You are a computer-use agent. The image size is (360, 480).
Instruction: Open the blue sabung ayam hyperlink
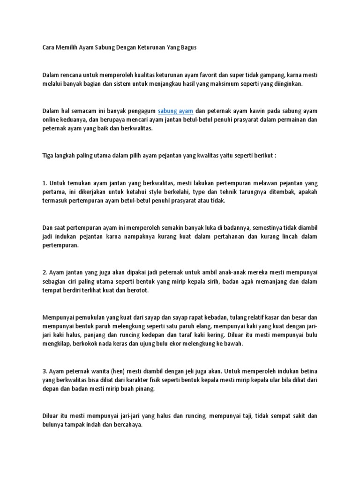[175, 111]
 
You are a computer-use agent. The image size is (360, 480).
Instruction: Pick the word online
[51, 120]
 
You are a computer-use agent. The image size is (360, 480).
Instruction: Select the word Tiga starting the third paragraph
[48, 155]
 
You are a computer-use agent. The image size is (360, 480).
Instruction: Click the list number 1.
[44, 183]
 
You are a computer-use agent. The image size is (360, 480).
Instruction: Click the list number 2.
[45, 272]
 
